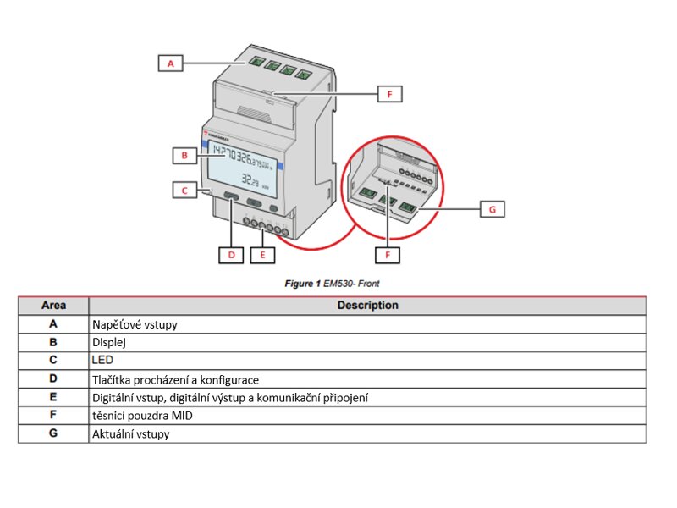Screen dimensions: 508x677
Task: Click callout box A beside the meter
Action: point(171,63)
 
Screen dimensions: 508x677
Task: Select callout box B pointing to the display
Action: point(184,156)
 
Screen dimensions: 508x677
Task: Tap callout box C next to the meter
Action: point(184,190)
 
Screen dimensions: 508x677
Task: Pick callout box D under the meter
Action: point(230,253)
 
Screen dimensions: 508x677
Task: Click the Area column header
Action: point(53,305)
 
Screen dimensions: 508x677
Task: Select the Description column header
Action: point(367,305)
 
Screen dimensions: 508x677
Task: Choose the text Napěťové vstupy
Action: point(135,323)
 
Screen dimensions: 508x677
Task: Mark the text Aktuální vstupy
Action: point(130,433)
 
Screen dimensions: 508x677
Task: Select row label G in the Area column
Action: point(53,433)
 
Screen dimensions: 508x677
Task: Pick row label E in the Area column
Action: point(53,397)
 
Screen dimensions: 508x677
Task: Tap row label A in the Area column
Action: point(53,323)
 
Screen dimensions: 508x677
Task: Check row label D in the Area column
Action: point(53,379)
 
